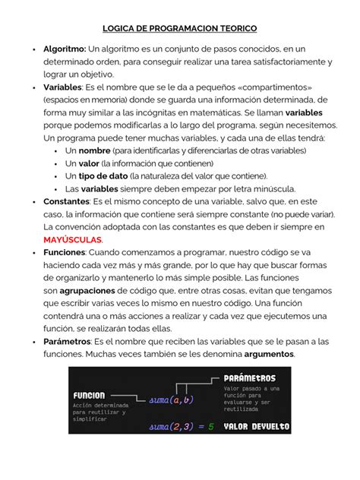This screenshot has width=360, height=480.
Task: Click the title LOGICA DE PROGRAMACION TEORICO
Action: point(179,26)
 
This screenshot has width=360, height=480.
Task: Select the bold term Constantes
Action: point(66,201)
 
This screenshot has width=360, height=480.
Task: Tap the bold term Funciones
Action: point(64,251)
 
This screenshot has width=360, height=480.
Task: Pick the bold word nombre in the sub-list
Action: point(96,150)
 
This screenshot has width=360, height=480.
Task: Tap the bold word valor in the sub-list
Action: point(89,163)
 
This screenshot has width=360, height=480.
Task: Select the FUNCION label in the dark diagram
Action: point(90,396)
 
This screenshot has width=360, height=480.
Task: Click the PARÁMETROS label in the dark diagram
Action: point(250,377)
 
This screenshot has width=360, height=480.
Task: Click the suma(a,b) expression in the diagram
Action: point(172,399)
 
